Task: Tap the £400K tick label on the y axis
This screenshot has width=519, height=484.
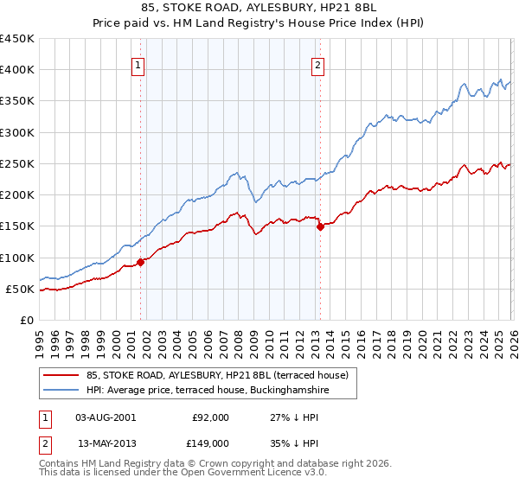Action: pyautogui.click(x=17, y=70)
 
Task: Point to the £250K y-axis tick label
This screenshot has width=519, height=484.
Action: pyautogui.click(x=17, y=163)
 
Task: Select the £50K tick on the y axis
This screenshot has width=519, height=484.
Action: pyautogui.click(x=21, y=289)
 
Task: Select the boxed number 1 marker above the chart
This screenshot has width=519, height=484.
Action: pyautogui.click(x=138, y=64)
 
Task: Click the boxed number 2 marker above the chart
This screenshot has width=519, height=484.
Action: pyautogui.click(x=318, y=64)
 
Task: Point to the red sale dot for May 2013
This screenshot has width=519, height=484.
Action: pyautogui.click(x=320, y=227)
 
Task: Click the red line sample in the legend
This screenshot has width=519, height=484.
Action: pyautogui.click(x=61, y=375)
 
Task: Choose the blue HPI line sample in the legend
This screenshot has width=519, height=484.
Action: pyautogui.click(x=61, y=391)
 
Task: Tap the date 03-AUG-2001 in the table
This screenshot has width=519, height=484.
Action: pyautogui.click(x=106, y=417)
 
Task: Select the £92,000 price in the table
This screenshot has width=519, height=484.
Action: pyautogui.click(x=208, y=417)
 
